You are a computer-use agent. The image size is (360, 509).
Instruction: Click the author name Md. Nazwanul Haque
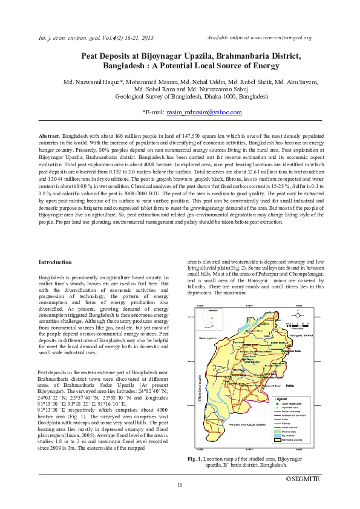[x=91, y=81]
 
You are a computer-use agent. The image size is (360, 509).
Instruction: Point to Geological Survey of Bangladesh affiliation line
[x=191, y=96]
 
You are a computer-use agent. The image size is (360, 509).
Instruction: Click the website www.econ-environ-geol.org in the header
[x=284, y=38]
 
